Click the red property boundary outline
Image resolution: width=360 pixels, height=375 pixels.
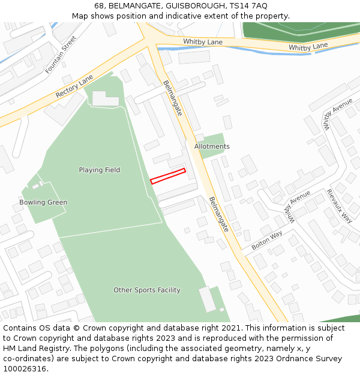(167, 176)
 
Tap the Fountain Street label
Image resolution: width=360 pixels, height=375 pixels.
(61, 55)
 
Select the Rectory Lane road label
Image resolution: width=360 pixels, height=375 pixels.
(74, 87)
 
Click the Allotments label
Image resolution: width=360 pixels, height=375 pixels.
(212, 146)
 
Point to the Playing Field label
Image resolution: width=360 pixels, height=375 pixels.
(100, 170)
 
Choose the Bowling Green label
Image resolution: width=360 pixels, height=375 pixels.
(43, 202)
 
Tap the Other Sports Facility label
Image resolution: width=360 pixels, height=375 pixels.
(147, 290)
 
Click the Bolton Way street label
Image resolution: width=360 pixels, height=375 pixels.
(267, 240)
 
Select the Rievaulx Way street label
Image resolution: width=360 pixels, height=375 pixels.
(339, 206)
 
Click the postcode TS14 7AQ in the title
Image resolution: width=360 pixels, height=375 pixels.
(248, 6)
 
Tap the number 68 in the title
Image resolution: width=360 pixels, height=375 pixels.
(99, 6)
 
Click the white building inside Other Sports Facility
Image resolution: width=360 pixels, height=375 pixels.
(207, 299)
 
